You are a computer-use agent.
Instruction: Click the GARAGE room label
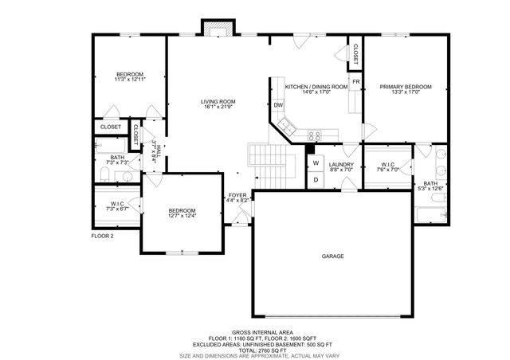pyautogui.click(x=332, y=256)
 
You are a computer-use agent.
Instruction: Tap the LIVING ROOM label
pyautogui.click(x=218, y=101)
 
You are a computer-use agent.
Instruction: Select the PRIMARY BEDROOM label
pyautogui.click(x=406, y=86)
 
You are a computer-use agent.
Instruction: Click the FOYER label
pyautogui.click(x=237, y=194)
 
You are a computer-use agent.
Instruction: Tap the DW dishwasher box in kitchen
pyautogui.click(x=279, y=105)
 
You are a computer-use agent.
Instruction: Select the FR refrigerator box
pyautogui.click(x=356, y=81)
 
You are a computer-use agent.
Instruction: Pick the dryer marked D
pyautogui.click(x=315, y=179)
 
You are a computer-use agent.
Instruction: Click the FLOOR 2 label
pyautogui.click(x=102, y=236)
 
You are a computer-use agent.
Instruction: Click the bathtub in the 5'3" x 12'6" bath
pyautogui.click(x=430, y=214)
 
